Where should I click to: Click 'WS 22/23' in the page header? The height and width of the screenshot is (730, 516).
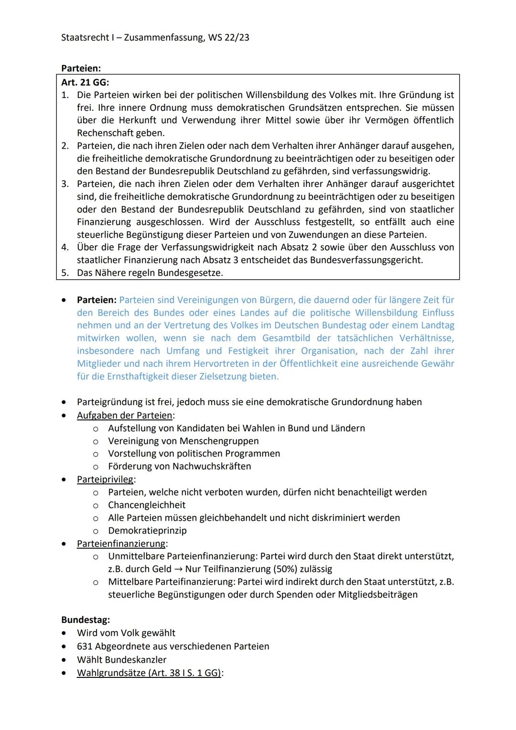(228, 37)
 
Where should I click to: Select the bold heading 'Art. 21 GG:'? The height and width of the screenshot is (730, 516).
(85, 82)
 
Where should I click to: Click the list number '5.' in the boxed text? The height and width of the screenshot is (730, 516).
(65, 273)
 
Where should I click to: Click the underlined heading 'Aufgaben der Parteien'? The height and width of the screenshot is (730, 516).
(125, 415)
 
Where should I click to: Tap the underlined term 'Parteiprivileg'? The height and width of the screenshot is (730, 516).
(105, 479)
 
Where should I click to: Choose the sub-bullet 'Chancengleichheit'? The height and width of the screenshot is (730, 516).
(147, 505)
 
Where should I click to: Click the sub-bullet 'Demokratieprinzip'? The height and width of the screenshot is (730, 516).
(147, 531)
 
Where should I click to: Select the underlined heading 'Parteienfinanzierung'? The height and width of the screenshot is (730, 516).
(121, 544)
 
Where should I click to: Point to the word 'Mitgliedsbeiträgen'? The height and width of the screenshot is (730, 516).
(377, 595)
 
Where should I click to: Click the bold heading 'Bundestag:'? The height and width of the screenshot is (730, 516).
(86, 620)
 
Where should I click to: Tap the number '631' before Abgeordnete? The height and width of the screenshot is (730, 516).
(85, 646)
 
